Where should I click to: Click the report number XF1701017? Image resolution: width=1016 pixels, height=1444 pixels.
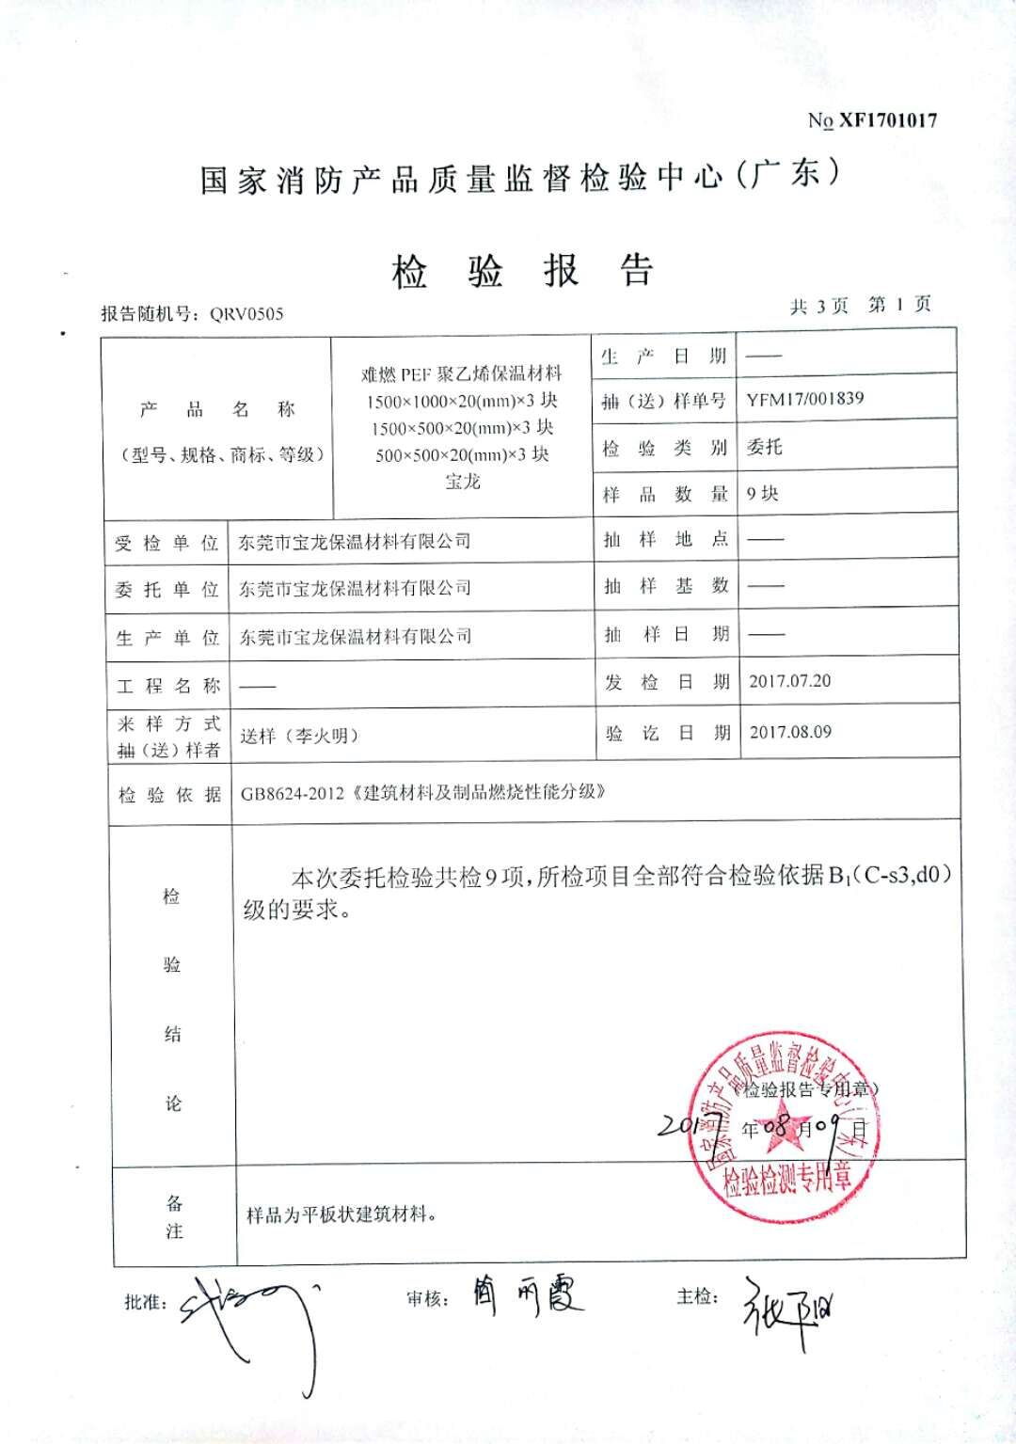point(887,120)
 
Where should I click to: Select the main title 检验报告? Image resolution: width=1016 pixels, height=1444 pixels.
point(522,273)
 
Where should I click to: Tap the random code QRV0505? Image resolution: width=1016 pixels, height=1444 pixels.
point(246,314)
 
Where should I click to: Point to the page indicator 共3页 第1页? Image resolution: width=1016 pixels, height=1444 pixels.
point(861,306)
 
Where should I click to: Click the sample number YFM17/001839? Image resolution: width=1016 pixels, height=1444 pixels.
point(804,399)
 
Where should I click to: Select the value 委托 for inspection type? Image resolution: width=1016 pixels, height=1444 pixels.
point(764,447)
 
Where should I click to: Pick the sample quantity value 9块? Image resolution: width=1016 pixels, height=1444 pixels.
point(762,494)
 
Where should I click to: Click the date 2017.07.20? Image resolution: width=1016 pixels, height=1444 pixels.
point(789,681)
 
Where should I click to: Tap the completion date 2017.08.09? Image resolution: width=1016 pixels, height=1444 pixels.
point(790,732)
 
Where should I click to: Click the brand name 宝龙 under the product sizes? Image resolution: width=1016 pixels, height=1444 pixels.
point(462,482)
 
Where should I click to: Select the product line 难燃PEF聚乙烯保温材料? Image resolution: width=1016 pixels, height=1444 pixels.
point(462,373)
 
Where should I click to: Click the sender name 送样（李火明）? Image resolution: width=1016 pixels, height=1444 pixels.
point(299,737)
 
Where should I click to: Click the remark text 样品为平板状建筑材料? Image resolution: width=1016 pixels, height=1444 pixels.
point(341,1214)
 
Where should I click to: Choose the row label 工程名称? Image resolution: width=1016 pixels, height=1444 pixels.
point(168,685)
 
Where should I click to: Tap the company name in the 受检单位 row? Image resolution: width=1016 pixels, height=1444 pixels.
point(355,542)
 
